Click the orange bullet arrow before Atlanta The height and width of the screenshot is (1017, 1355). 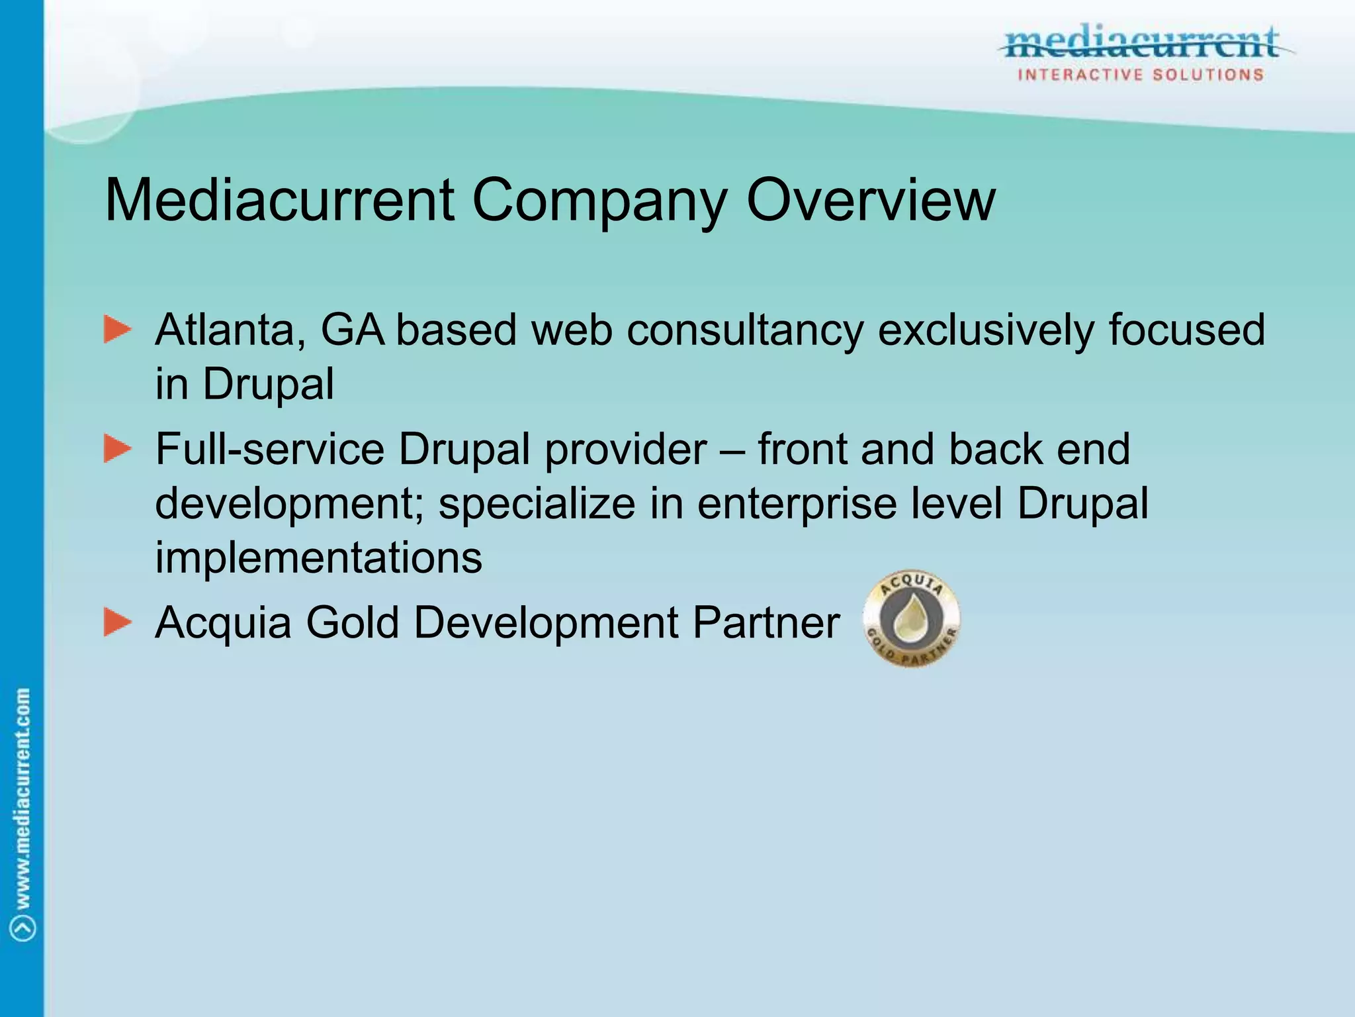click(x=118, y=330)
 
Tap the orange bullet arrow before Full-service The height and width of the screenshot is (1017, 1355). click(x=118, y=449)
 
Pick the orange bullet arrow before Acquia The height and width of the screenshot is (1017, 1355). click(x=118, y=622)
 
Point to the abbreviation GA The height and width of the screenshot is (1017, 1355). click(x=353, y=330)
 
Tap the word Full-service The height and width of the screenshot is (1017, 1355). click(x=270, y=449)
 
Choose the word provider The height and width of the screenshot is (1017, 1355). click(x=626, y=450)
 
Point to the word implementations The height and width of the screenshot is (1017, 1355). click(x=318, y=557)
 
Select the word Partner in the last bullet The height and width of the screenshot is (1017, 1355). click(x=766, y=622)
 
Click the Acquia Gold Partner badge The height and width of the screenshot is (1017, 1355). click(x=912, y=619)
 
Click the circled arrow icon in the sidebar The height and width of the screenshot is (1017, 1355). click(x=23, y=928)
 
